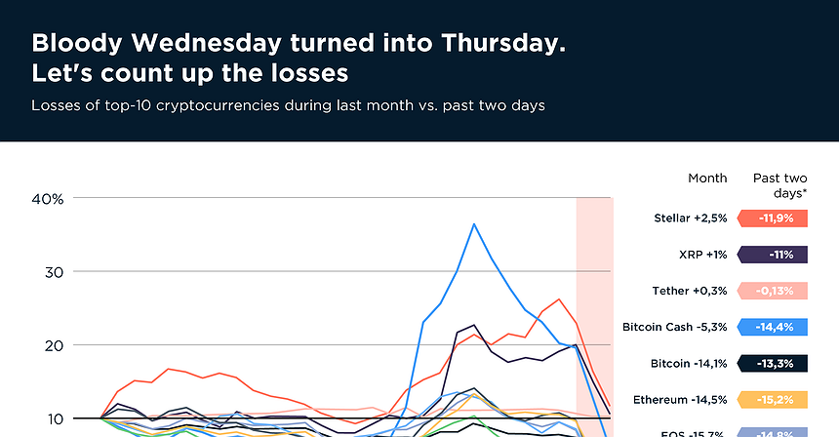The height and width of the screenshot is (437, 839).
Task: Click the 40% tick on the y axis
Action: click(48, 198)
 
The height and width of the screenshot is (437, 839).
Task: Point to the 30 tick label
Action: click(53, 271)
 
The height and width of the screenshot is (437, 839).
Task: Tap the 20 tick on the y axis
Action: click(53, 345)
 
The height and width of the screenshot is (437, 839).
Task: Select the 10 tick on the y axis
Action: click(53, 418)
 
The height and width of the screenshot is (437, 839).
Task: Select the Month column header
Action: click(707, 178)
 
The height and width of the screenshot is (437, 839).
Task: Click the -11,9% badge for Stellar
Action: click(774, 218)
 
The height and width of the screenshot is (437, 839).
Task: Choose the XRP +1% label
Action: click(699, 254)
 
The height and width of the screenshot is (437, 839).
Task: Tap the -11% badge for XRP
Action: click(774, 254)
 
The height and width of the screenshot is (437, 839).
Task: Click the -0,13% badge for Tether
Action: click(774, 291)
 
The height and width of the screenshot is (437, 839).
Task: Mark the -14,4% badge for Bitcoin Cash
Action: click(774, 327)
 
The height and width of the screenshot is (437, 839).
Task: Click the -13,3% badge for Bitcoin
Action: click(774, 363)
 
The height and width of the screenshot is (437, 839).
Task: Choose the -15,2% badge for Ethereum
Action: click(774, 399)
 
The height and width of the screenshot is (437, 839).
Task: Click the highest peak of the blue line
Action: click(474, 224)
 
